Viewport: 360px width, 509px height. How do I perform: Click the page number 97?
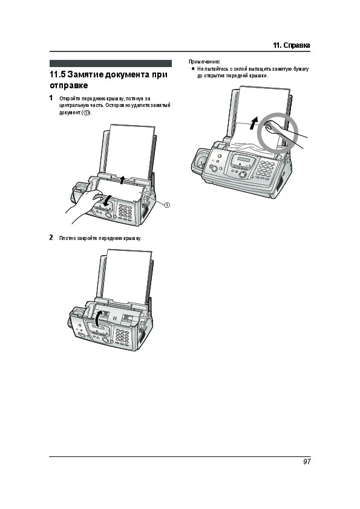pyautogui.click(x=307, y=462)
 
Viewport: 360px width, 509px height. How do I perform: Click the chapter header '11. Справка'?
pyautogui.click(x=292, y=45)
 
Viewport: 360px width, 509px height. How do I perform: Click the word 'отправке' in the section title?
pyautogui.click(x=68, y=86)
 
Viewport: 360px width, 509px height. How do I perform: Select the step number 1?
pyautogui.click(x=51, y=98)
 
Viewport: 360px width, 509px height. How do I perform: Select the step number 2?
pyautogui.click(x=51, y=238)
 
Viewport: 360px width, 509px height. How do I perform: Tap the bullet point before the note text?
pyautogui.click(x=192, y=69)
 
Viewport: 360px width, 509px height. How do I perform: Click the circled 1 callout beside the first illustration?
pyautogui.click(x=166, y=205)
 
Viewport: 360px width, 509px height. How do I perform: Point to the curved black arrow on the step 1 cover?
pyautogui.click(x=106, y=201)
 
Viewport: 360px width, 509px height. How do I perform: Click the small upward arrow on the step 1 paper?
pyautogui.click(x=122, y=180)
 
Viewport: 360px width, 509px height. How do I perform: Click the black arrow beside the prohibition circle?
pyautogui.click(x=254, y=123)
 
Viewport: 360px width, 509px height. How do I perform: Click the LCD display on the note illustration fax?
pyautogui.click(x=243, y=159)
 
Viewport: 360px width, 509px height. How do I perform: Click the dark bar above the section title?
pyautogui.click(x=111, y=63)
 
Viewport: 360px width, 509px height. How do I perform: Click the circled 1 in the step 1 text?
pyautogui.click(x=86, y=112)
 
